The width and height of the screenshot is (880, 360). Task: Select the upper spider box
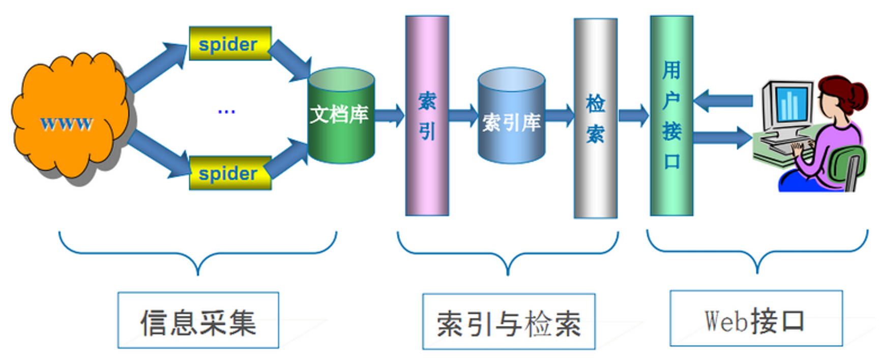click(x=230, y=44)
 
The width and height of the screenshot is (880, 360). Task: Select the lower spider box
click(x=230, y=173)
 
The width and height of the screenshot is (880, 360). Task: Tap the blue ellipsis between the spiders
click(x=226, y=111)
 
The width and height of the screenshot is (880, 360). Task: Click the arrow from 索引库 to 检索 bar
click(x=560, y=115)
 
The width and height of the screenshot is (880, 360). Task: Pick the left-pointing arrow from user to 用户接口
click(x=723, y=101)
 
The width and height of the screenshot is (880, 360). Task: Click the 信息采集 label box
click(x=198, y=320)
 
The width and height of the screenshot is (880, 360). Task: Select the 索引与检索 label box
click(x=509, y=322)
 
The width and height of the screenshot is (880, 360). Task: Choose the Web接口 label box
click(x=756, y=319)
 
